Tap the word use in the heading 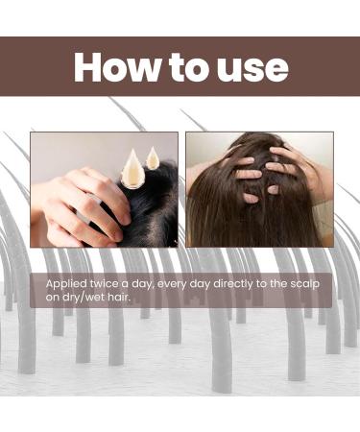tap(250, 67)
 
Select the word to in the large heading tap(186, 67)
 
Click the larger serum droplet tap(132, 169)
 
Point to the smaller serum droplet tap(152, 156)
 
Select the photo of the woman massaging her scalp tap(259, 189)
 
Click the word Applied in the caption tap(67, 285)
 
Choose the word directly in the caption tap(228, 285)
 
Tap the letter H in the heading tap(89, 67)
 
